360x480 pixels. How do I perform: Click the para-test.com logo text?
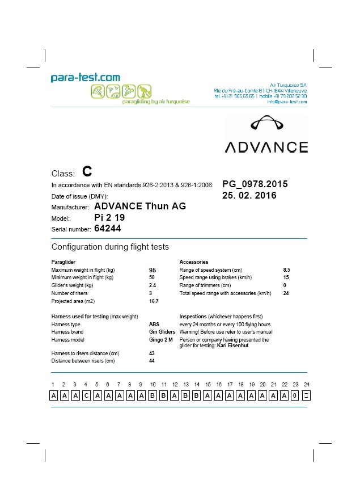(x=86, y=78)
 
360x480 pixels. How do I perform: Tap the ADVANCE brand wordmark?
(x=266, y=148)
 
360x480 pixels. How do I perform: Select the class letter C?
(x=87, y=171)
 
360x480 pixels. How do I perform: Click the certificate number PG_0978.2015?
(x=255, y=184)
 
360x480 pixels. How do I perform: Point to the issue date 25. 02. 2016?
(x=249, y=196)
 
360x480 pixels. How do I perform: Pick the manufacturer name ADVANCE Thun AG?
(x=139, y=206)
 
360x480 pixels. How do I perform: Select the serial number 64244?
(x=108, y=229)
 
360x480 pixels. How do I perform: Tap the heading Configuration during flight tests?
(x=110, y=247)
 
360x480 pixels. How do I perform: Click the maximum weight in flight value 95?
(x=153, y=270)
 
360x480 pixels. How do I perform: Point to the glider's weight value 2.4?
(x=152, y=285)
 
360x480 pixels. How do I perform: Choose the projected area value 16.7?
(x=153, y=301)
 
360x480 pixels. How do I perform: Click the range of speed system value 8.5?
(x=287, y=270)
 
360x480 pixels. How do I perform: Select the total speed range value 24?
(x=286, y=293)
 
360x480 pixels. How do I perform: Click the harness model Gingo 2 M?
(x=161, y=340)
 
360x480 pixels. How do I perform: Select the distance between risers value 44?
(x=152, y=361)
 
